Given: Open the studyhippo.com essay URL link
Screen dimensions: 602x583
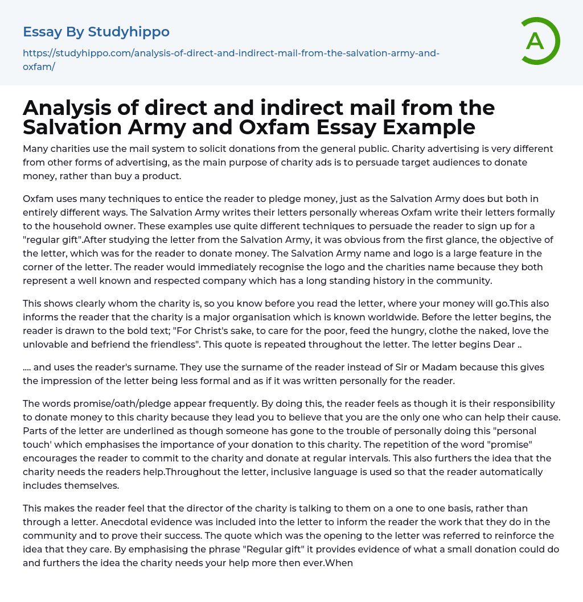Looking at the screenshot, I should pos(231,59).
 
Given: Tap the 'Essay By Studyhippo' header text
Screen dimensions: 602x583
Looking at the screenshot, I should pos(96,32).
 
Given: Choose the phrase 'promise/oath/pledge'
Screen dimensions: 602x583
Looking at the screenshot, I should pos(117,403).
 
